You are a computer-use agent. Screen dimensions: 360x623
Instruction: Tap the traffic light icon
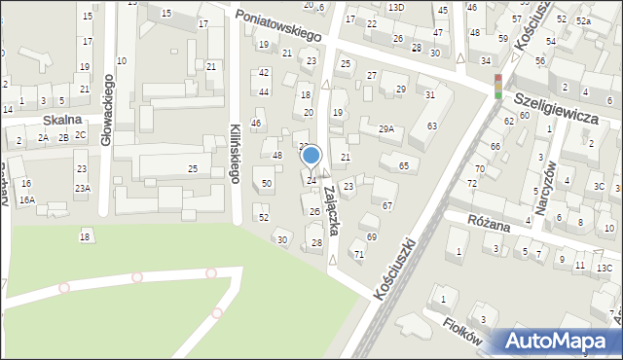tap(498, 86)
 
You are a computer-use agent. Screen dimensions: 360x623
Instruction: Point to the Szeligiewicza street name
tap(569, 106)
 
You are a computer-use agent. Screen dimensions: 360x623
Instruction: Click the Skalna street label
tap(61, 122)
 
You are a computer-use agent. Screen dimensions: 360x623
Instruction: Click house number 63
tap(431, 126)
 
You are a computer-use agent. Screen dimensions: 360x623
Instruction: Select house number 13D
tap(395, 7)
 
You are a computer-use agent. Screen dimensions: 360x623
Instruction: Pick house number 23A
tap(83, 188)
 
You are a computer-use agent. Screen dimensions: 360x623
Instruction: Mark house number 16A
tap(27, 199)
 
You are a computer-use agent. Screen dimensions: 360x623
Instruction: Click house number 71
tap(359, 254)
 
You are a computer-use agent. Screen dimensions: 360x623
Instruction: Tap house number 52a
tap(582, 20)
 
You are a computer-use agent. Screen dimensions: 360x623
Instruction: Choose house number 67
tap(387, 205)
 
